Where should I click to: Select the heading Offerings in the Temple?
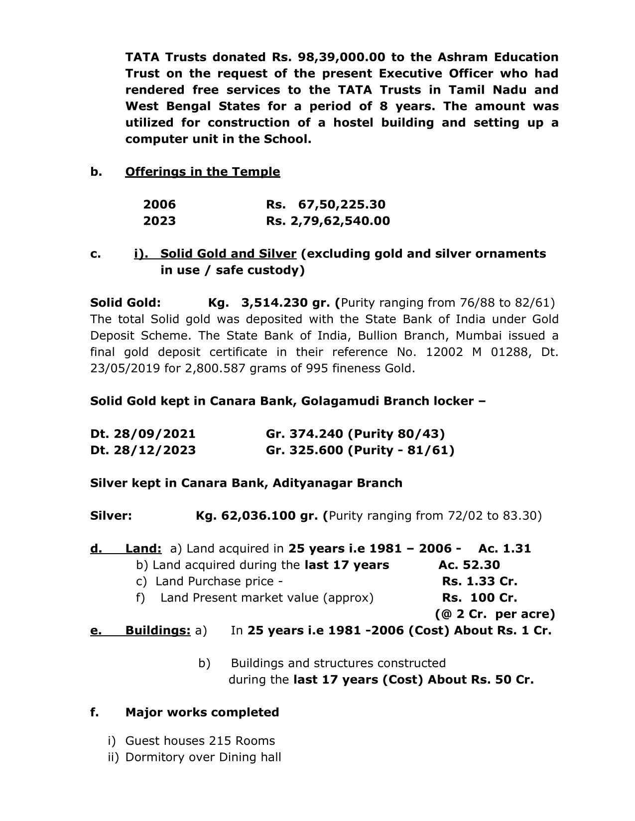point(202,172)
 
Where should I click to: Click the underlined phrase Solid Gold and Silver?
point(228,254)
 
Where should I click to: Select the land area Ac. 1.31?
point(505,549)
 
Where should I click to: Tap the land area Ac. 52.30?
point(469,565)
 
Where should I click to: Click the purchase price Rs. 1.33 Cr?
point(480,582)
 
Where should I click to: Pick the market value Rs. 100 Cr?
point(480,598)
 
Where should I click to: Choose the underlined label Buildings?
point(157,631)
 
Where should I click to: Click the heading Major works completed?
point(202,712)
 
